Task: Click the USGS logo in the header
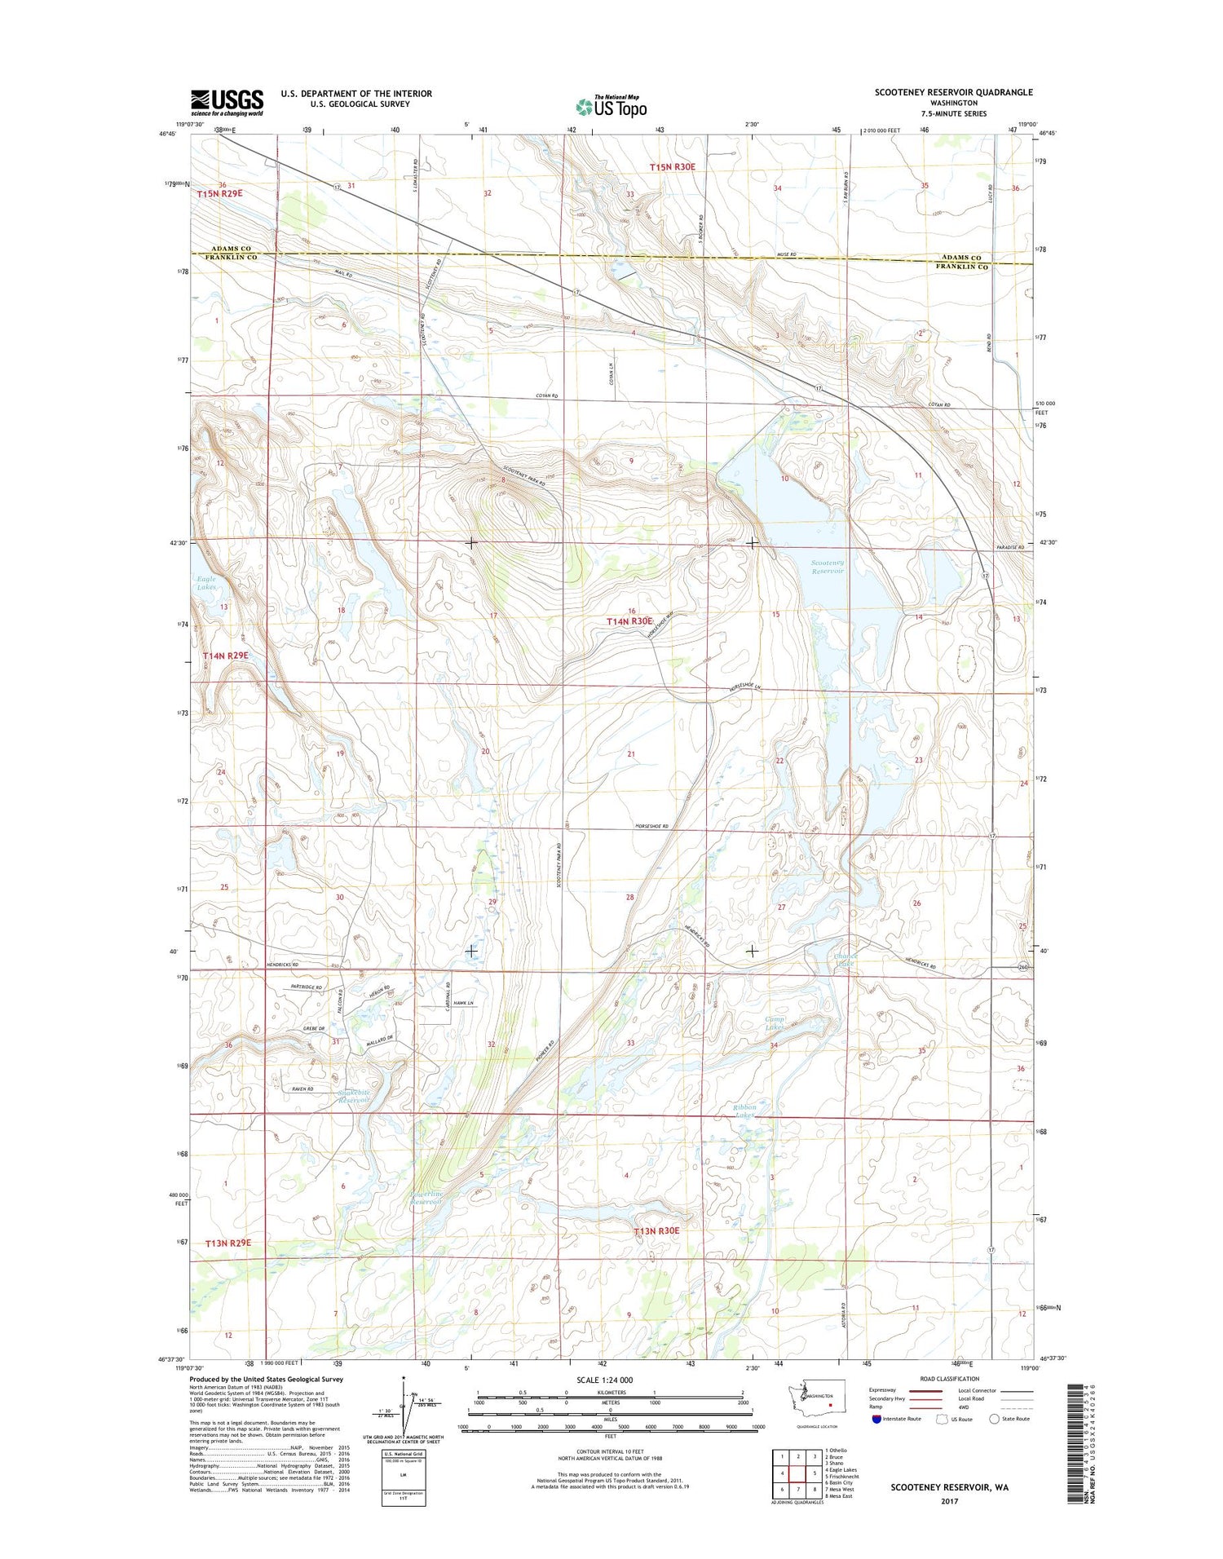click(227, 102)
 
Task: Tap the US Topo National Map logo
click(611, 106)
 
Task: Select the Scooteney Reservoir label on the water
click(827, 567)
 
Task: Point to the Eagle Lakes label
click(206, 583)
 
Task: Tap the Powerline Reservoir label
click(426, 1197)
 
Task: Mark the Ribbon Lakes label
click(744, 1111)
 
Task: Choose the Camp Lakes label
click(775, 1023)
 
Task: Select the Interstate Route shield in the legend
click(876, 1419)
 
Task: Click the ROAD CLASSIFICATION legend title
click(951, 1379)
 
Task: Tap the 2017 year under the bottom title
click(949, 1501)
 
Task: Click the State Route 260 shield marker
click(1022, 967)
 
